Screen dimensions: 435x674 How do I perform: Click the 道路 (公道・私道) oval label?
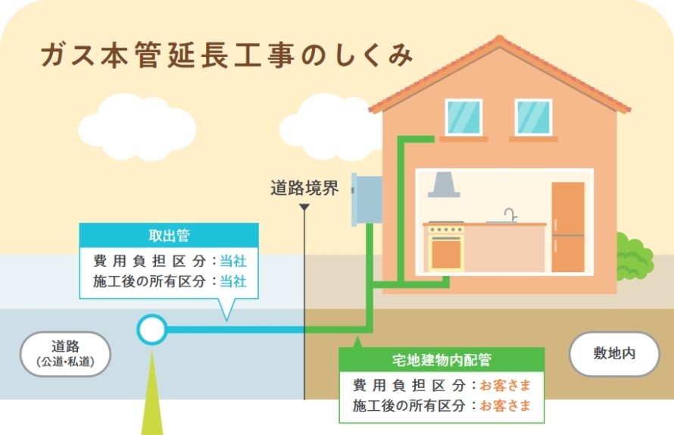pos(65,354)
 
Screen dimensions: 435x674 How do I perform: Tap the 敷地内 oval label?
pos(614,354)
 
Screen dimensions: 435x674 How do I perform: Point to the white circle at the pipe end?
pos(151,330)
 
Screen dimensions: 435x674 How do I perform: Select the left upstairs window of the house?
pos(463,117)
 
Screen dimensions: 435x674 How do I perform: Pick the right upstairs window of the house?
pos(533,117)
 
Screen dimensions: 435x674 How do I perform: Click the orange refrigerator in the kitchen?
pos(567,227)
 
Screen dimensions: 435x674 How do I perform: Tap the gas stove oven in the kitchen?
pos(445,247)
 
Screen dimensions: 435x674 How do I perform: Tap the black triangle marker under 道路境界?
pos(304,207)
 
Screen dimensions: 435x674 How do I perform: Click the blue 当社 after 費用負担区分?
pos(233,261)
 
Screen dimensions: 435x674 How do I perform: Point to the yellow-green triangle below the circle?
pos(151,394)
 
